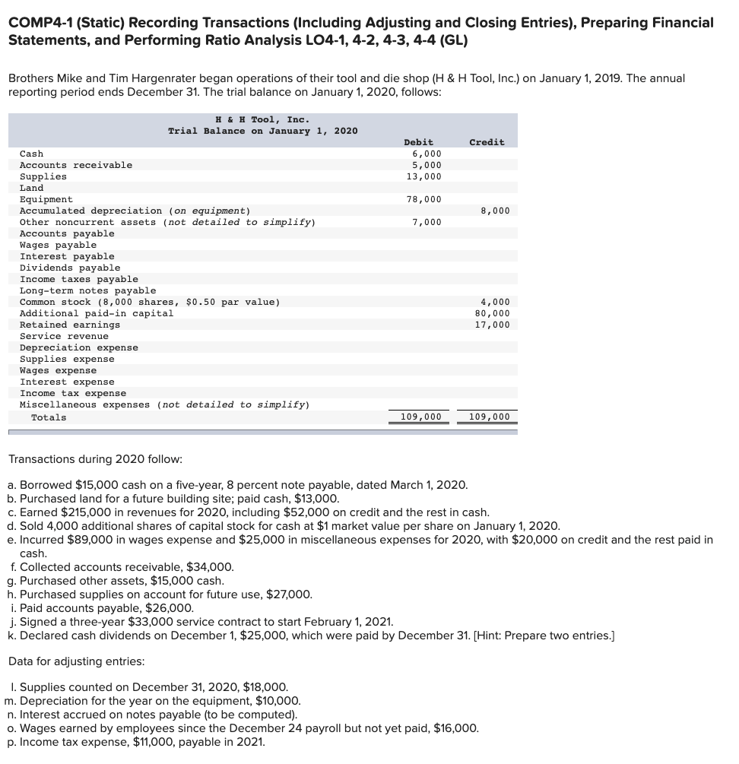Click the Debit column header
coord(418,142)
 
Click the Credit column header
coord(487,142)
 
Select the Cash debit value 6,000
coord(427,154)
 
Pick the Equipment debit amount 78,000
coord(423,199)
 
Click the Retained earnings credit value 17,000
coord(492,325)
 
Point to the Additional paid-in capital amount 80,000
coord(492,313)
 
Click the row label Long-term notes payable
coord(87,290)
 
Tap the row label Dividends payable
coord(70,268)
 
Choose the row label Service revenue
coord(64,336)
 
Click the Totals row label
coord(49,417)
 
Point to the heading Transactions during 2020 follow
coord(95,459)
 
